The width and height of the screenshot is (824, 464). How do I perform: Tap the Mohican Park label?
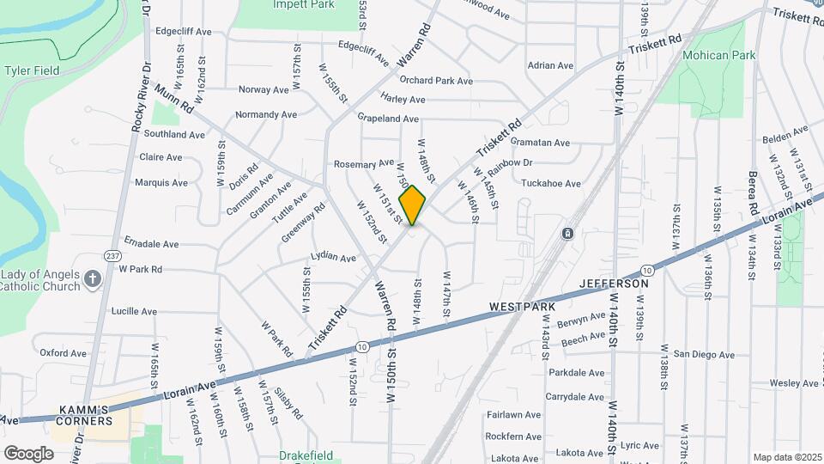[x=718, y=55]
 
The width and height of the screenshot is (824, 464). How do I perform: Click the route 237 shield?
[x=112, y=255]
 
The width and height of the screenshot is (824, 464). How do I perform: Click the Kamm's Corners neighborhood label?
[x=85, y=415]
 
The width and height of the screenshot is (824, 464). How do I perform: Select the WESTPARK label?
[x=523, y=306]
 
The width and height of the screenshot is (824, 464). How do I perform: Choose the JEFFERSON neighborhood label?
[x=614, y=283]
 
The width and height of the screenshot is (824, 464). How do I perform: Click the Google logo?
[x=28, y=453]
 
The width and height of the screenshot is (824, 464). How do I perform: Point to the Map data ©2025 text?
[x=787, y=457]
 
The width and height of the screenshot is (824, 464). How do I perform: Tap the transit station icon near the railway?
[x=567, y=234]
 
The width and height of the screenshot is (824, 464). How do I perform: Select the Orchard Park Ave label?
[x=436, y=81]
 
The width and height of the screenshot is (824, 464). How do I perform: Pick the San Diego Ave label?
[x=704, y=354]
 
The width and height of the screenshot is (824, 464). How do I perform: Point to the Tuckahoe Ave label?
[x=551, y=183]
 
